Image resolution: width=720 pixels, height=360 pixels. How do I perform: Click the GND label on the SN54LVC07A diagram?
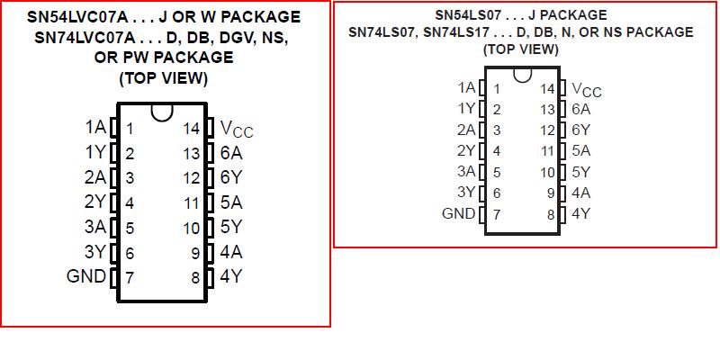pos(86,276)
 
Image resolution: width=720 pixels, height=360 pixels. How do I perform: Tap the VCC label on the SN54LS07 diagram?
pos(587,89)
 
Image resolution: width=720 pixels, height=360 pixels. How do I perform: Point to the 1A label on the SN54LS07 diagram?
pos(466,87)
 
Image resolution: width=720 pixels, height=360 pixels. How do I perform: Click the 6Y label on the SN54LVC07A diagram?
pos(230,177)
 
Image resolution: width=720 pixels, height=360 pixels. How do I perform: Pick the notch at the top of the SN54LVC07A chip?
pos(163,112)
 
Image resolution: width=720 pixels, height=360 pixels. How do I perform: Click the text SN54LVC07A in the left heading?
pos(82,17)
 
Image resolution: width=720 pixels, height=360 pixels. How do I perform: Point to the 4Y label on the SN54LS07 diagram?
pos(581,213)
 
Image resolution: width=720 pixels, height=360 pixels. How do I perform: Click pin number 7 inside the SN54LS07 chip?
pos(495,214)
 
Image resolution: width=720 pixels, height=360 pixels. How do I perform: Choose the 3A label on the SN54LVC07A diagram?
pos(95,227)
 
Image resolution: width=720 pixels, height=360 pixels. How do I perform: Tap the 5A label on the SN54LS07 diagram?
pos(581,150)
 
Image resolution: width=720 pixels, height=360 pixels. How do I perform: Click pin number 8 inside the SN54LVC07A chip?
pos(194,277)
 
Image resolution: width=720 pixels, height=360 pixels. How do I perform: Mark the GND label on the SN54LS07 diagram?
pos(459,213)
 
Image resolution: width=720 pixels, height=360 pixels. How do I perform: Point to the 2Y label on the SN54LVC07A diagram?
pos(95,202)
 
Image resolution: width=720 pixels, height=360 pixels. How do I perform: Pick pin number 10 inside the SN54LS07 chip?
pos(547,172)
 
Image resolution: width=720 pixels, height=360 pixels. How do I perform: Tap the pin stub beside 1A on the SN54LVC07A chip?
pos(114,128)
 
